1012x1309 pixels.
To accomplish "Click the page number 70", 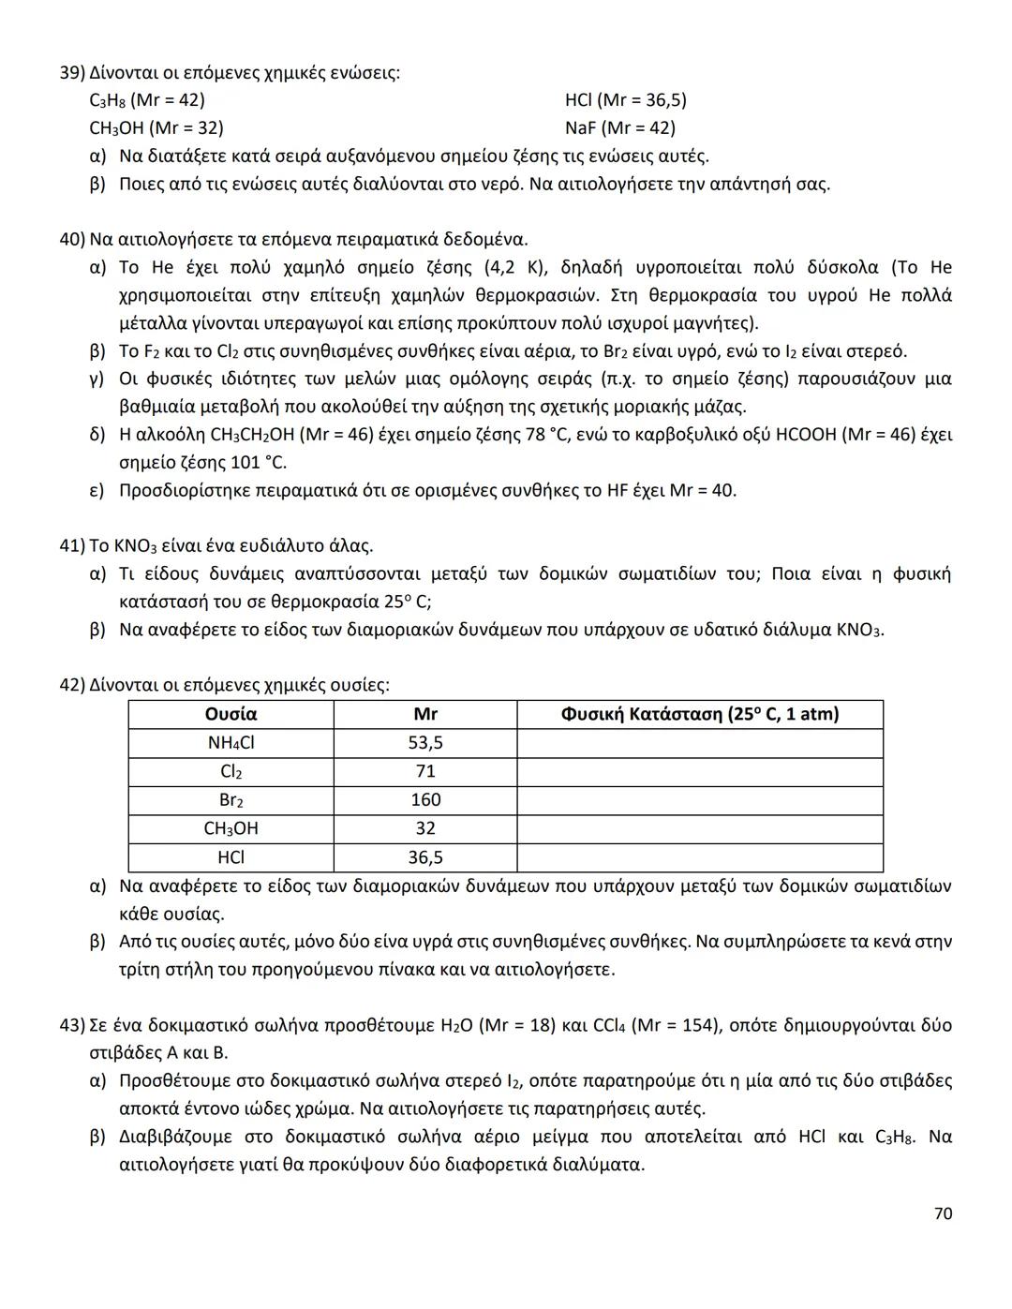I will click(x=943, y=1213).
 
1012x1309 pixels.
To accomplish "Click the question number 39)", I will click(x=72, y=72).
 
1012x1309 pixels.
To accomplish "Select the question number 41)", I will click(x=72, y=545).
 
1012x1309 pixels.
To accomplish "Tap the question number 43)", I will click(x=72, y=1025).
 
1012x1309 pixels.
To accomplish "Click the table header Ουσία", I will click(x=231, y=714).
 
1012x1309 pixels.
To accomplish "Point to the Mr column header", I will click(x=425, y=714).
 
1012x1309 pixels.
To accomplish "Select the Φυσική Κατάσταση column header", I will click(x=699, y=714).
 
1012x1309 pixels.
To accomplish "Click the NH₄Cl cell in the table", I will click(x=231, y=743).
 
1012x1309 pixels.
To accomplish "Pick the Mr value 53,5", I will click(x=425, y=743).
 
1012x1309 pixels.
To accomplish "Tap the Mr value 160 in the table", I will click(x=425, y=800).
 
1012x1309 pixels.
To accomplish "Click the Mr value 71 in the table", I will click(x=425, y=771).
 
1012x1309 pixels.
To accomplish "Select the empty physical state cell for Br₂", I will click(x=699, y=800).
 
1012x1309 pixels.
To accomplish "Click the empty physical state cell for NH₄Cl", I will click(x=699, y=743).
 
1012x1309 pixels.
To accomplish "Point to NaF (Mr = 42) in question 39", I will click(x=619, y=127).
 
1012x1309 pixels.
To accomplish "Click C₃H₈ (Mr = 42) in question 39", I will click(x=147, y=100).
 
